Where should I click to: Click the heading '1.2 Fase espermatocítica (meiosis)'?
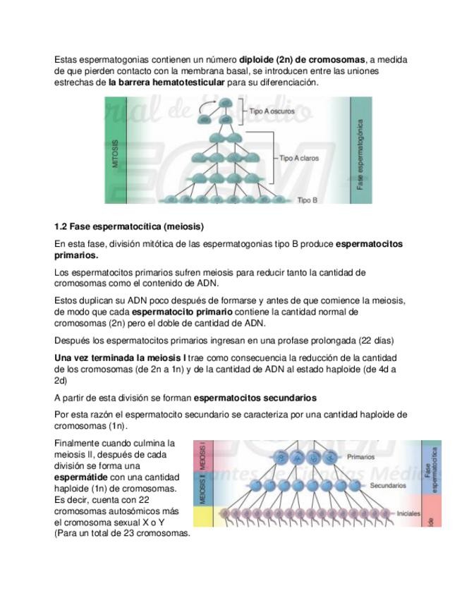(x=129, y=226)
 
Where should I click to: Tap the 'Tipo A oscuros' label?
(x=272, y=111)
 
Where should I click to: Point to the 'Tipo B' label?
(x=308, y=200)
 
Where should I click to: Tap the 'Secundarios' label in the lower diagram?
(x=387, y=485)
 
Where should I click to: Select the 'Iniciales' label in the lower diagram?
(x=409, y=513)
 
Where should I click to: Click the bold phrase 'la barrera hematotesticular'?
(x=168, y=83)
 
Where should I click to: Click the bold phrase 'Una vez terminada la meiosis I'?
(x=119, y=358)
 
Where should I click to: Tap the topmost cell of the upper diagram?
(x=225, y=104)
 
